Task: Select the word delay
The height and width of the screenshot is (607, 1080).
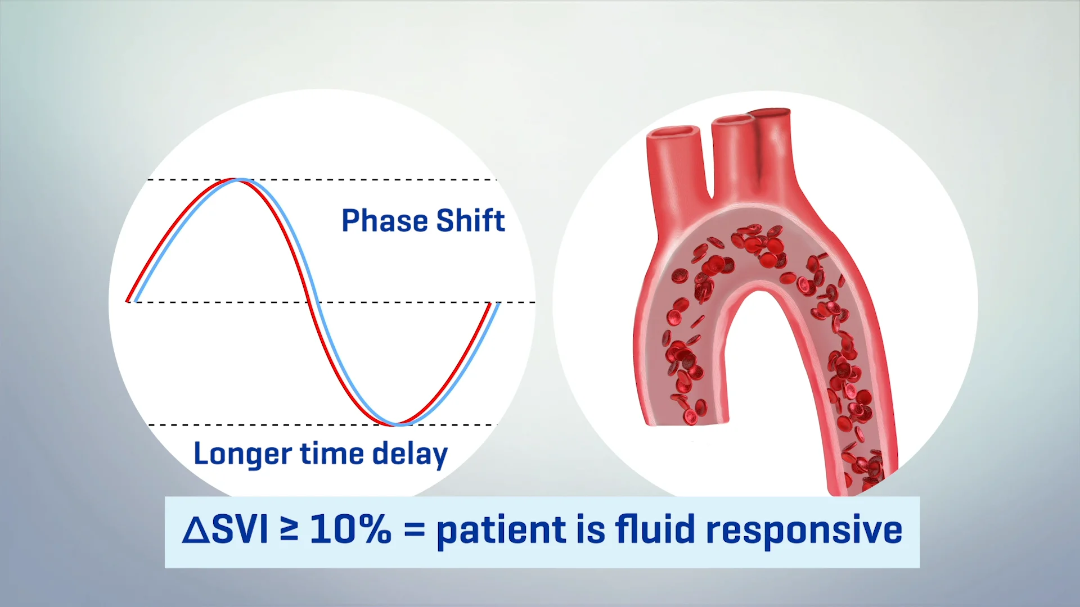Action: click(x=410, y=454)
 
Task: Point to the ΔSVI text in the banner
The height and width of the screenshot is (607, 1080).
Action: click(x=225, y=529)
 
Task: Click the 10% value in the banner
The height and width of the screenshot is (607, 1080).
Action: click(x=350, y=529)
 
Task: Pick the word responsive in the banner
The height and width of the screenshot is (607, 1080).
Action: click(x=804, y=531)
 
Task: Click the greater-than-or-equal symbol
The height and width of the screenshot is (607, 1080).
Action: click(x=289, y=529)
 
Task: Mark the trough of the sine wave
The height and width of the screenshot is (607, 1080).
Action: click(x=398, y=424)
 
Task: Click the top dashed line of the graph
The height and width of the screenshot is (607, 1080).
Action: click(x=322, y=180)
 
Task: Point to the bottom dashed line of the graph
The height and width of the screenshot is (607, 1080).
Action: click(x=322, y=425)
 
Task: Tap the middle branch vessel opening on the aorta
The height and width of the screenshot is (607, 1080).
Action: click(x=732, y=120)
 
